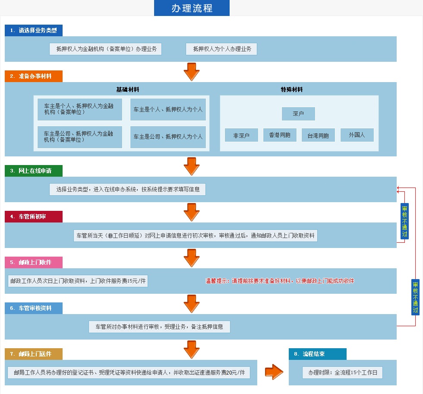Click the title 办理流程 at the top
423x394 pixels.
[192, 8]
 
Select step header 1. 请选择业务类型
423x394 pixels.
[34, 30]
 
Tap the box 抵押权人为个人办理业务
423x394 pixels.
[221, 49]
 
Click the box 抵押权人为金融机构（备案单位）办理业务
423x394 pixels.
[105, 49]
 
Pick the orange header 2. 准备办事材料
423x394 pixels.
[34, 76]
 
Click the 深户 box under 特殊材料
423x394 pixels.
[298, 114]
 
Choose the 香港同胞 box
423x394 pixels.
[280, 135]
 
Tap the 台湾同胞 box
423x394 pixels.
[318, 135]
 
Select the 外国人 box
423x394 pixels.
[357, 135]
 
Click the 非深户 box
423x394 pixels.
[241, 135]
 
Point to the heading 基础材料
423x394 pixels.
[127, 89]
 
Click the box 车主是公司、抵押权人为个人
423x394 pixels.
[168, 137]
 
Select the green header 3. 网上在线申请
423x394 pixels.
[34, 171]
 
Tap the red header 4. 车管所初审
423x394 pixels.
[34, 216]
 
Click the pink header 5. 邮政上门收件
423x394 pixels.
[34, 262]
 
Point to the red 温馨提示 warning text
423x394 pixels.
[280, 281]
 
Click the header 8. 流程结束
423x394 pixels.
[317, 354]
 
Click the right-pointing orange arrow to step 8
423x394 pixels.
[274, 372]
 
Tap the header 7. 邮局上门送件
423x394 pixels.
[34, 354]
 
